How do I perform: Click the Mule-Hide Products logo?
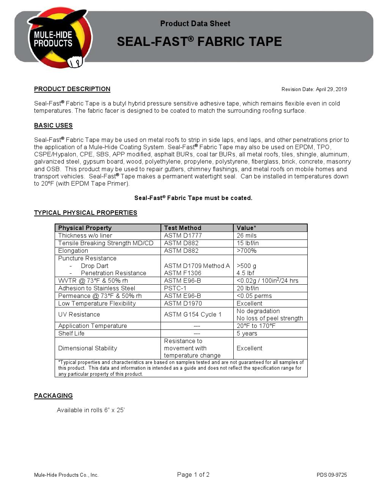[59, 38]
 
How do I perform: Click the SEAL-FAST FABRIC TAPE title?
[199, 41]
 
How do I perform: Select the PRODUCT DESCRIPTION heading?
[72, 89]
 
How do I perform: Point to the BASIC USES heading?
[53, 126]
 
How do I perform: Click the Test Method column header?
[182, 228]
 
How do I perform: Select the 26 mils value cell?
[247, 236]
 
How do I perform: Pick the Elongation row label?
[73, 251]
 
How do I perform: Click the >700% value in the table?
[247, 251]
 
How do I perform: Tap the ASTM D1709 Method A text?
[197, 266]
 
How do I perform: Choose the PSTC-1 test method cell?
[175, 288]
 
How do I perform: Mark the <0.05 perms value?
[254, 296]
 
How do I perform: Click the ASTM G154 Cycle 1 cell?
[193, 315]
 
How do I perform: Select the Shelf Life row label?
[71, 334]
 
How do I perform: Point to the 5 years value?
[247, 334]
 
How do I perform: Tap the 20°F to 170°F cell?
[256, 326]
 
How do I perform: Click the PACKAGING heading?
[53, 396]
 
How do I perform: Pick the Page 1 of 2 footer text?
[193, 475]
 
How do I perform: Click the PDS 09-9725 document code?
[332, 475]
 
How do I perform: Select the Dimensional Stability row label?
[88, 348]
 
